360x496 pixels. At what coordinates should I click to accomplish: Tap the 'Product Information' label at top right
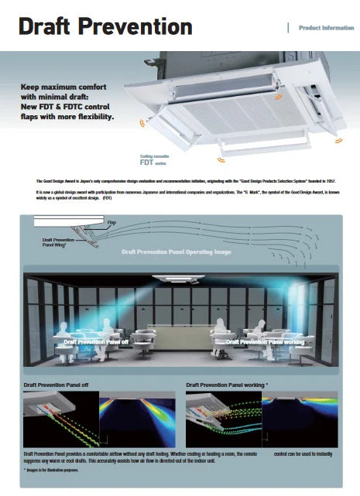(x=326, y=28)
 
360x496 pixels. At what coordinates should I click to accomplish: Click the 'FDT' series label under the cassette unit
(x=147, y=163)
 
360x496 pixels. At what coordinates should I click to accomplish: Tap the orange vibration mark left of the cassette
(x=140, y=121)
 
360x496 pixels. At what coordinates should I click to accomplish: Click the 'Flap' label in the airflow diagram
(x=111, y=223)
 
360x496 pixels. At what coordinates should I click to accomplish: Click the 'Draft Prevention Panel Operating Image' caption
(x=176, y=252)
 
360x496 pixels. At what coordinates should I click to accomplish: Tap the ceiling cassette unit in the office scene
(x=180, y=277)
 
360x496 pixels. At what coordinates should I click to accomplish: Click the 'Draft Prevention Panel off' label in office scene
(x=96, y=341)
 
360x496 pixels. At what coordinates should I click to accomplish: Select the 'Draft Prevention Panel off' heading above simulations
(x=57, y=384)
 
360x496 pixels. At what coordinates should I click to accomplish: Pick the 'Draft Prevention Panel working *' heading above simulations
(x=227, y=384)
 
